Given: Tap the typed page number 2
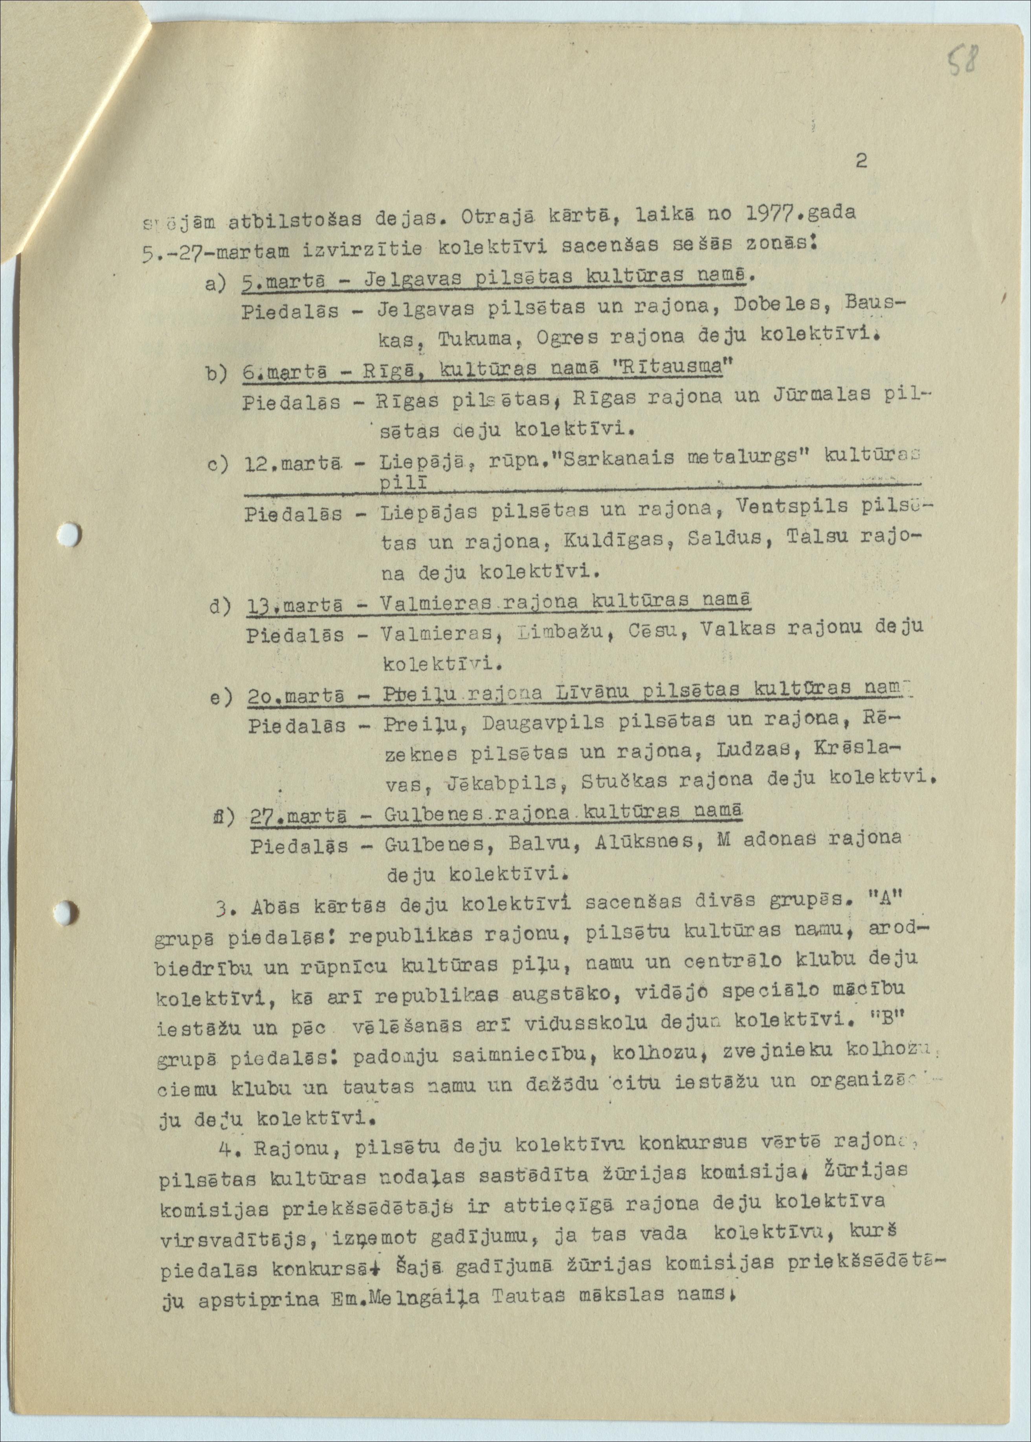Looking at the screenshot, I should [861, 161].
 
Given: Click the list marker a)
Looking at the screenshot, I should [217, 283].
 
